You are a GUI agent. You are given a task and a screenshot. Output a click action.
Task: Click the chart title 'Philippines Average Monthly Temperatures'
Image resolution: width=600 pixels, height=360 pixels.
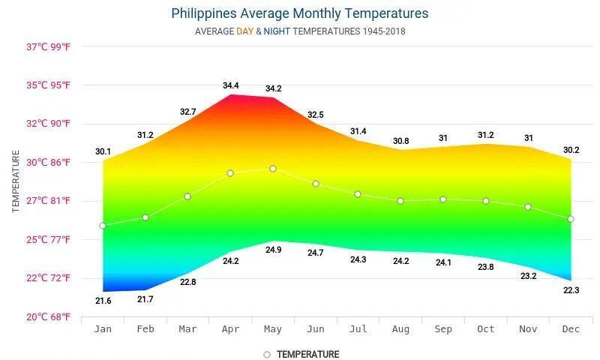click(x=300, y=13)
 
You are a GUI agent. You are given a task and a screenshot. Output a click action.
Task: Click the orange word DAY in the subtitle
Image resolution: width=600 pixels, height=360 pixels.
click(x=245, y=31)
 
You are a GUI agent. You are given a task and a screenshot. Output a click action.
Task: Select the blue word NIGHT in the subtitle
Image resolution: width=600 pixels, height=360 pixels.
click(x=277, y=31)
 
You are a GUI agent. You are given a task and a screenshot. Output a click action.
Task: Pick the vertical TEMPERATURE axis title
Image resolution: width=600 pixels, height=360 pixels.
click(x=16, y=181)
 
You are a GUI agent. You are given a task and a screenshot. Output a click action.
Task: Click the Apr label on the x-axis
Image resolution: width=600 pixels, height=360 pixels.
click(x=230, y=329)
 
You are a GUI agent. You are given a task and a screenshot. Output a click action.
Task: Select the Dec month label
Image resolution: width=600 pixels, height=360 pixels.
click(x=571, y=329)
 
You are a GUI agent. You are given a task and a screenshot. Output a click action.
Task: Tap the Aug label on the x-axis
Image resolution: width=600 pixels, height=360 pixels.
click(x=400, y=329)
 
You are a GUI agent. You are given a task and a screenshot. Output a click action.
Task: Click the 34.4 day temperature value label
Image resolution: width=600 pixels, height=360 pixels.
click(x=230, y=85)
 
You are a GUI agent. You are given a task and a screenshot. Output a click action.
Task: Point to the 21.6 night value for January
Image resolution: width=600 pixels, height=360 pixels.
click(x=103, y=301)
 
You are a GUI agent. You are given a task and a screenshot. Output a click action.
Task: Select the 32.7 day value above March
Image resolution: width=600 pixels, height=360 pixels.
click(x=187, y=112)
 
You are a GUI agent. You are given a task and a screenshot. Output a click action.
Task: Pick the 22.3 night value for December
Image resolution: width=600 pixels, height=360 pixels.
click(x=571, y=290)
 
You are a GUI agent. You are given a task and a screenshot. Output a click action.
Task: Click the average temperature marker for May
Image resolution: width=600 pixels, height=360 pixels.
click(x=273, y=169)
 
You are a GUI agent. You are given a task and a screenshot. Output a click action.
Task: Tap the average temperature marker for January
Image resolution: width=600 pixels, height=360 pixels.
click(x=103, y=225)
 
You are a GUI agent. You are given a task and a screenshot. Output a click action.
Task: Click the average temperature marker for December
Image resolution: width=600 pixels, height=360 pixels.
click(x=571, y=219)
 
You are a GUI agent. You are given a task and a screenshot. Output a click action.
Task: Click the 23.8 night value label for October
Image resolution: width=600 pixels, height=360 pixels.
click(x=485, y=267)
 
